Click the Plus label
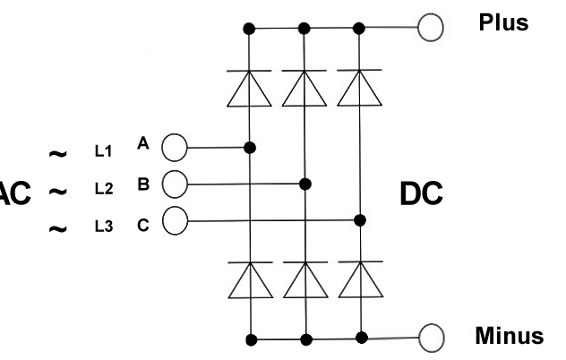[502, 23]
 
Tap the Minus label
[509, 337]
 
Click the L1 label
[103, 152]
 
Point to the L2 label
[103, 189]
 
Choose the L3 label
[103, 226]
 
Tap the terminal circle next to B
[173, 184]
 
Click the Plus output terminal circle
[431, 28]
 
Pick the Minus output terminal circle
[431, 338]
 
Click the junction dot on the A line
[251, 147]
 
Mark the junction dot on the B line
[305, 184]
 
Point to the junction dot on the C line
[360, 219]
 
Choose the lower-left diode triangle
[251, 280]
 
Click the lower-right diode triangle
[360, 280]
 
